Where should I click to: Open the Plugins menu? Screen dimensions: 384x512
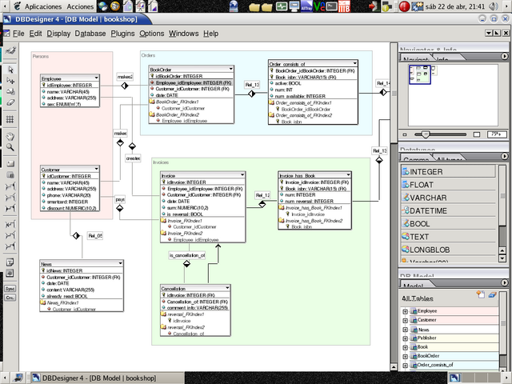pyautogui.click(x=122, y=34)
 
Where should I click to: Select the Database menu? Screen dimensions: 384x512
pyautogui.click(x=90, y=34)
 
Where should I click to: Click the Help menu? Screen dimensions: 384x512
pyautogui.click(x=210, y=34)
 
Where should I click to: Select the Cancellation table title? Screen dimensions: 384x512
pyautogui.click(x=174, y=287)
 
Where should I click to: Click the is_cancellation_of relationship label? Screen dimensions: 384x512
pyautogui.click(x=186, y=255)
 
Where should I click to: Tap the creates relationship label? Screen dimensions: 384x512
pyautogui.click(x=132, y=158)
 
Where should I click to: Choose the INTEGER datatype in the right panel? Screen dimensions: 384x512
pyautogui.click(x=426, y=171)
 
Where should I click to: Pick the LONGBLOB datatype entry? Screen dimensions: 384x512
pyautogui.click(x=430, y=250)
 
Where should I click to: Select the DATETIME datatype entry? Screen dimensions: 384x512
pyautogui.click(x=430, y=210)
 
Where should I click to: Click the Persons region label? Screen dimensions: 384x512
pyautogui.click(x=41, y=56)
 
